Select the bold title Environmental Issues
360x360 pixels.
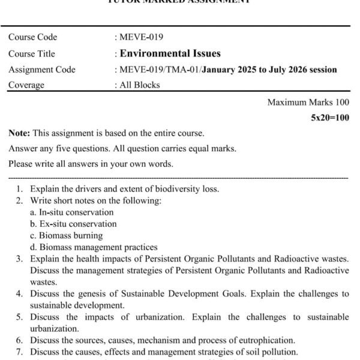click(x=170, y=53)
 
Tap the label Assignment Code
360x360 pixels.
click(x=42, y=70)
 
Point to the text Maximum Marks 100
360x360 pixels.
click(x=308, y=102)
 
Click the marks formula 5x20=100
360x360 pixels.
click(x=329, y=118)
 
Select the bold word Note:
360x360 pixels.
click(x=19, y=133)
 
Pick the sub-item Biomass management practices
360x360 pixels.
click(x=98, y=247)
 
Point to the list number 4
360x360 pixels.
click(x=19, y=293)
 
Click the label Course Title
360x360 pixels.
click(x=32, y=53)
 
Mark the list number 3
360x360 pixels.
click(x=19, y=259)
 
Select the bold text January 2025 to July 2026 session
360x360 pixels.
click(x=269, y=70)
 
